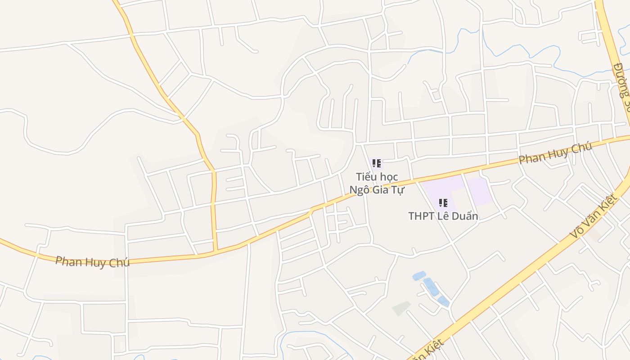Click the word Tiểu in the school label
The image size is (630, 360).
click(365, 177)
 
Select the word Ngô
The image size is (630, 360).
click(360, 190)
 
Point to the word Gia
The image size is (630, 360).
click(381, 190)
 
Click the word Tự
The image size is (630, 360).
click(398, 190)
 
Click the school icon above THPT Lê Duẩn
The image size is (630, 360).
click(443, 203)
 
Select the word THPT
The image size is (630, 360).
click(421, 216)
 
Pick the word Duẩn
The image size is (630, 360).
click(464, 216)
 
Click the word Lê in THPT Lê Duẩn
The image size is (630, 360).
click(443, 216)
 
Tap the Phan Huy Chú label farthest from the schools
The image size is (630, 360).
click(92, 262)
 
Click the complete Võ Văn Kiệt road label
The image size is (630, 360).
click(593, 216)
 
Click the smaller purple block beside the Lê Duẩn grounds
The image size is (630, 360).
click(479, 191)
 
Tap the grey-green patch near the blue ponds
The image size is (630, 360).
click(401, 308)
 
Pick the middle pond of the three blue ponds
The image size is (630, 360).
click(431, 287)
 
